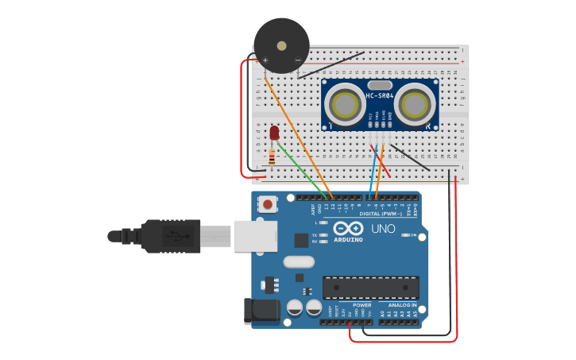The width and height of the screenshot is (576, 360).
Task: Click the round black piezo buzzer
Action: click(281, 45)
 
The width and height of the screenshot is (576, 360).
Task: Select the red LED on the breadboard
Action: click(275, 133)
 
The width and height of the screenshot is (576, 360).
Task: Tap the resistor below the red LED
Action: click(273, 159)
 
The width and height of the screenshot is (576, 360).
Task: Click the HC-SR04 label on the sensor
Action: click(380, 97)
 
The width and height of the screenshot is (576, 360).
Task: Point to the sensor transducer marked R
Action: click(415, 104)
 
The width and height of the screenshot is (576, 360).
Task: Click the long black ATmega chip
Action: click(370, 287)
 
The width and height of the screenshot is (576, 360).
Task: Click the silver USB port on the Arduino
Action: click(255, 236)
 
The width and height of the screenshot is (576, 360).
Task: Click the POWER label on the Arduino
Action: click(361, 305)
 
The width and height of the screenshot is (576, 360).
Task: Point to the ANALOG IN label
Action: click(402, 305)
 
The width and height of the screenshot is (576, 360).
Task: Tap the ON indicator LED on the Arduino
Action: click(404, 235)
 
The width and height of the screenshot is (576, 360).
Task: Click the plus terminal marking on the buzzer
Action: click(265, 60)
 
